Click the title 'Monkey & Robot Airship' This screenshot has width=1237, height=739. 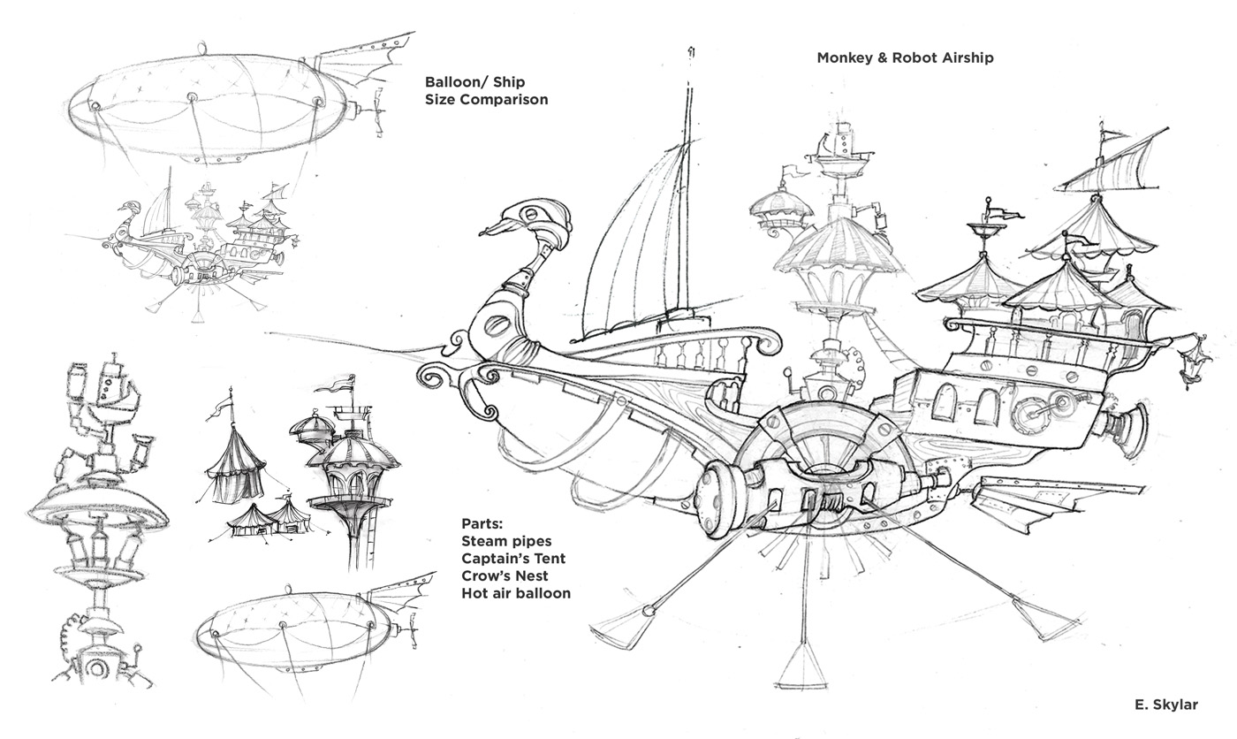tap(905, 57)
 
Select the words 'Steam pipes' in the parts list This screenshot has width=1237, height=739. tap(505, 540)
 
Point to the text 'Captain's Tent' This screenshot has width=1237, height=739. tap(512, 558)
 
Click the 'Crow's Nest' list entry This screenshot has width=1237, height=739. tap(504, 575)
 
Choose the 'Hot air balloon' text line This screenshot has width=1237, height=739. tap(515, 593)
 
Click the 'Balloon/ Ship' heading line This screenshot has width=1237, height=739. tap(474, 82)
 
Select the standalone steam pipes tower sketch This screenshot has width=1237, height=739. tap(99, 522)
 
